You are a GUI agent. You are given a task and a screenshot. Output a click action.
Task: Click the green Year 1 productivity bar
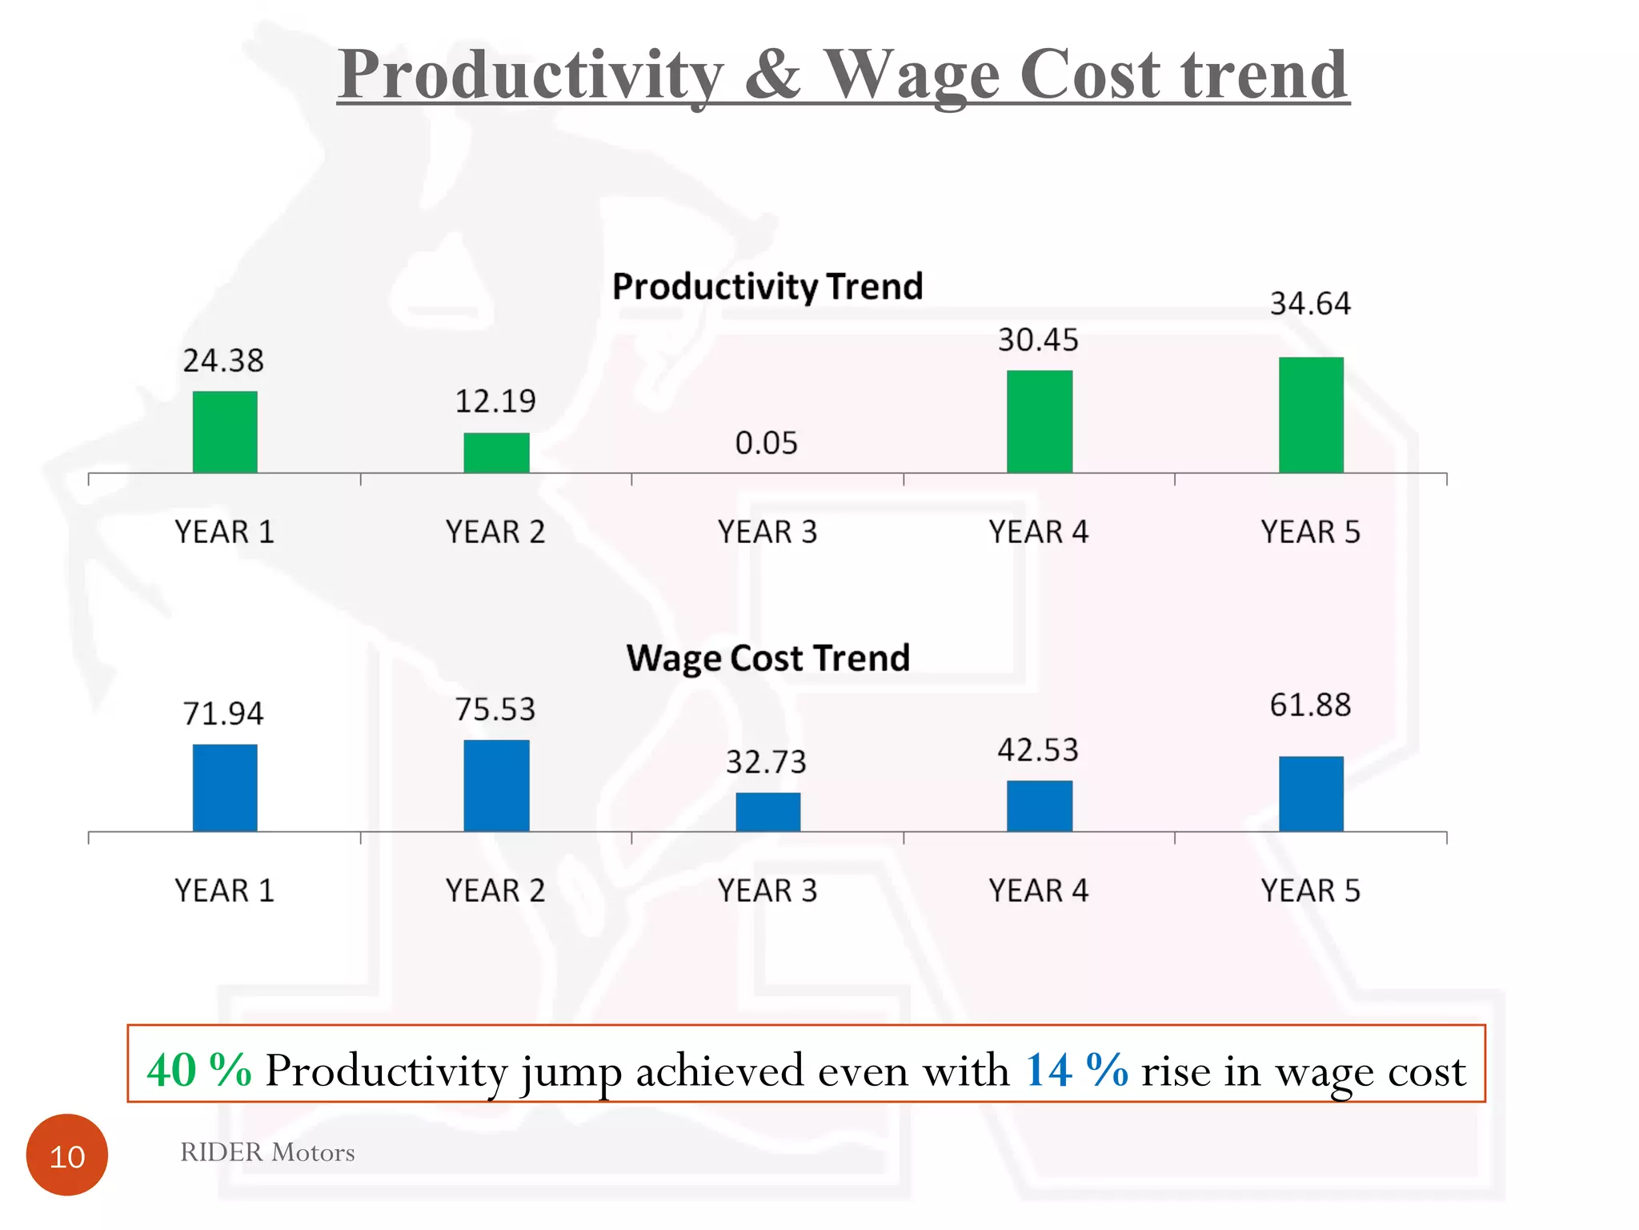click(x=225, y=432)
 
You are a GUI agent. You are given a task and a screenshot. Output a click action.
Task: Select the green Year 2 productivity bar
click(x=496, y=452)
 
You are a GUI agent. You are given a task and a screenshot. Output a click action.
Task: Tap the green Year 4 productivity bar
click(x=1039, y=421)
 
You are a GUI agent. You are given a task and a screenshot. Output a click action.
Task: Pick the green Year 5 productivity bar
click(x=1311, y=415)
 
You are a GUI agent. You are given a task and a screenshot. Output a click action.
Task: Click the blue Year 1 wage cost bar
click(x=225, y=787)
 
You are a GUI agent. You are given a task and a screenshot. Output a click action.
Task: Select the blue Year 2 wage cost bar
click(x=496, y=785)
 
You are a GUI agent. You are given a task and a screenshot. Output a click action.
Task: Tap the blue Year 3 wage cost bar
click(x=767, y=811)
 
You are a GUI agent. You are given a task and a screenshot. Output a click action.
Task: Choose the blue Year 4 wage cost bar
click(x=1039, y=806)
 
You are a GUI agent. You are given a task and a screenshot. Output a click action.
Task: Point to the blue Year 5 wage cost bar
click(x=1311, y=794)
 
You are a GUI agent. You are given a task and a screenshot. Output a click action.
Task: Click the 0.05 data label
click(x=766, y=443)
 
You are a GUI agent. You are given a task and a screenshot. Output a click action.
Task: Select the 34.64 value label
click(x=1310, y=303)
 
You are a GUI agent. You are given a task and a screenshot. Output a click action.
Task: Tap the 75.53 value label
click(x=495, y=709)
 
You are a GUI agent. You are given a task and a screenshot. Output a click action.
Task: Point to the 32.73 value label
click(x=766, y=762)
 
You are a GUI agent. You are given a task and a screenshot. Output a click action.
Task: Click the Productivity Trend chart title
click(x=767, y=287)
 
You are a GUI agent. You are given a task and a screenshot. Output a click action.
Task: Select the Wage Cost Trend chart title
click(x=767, y=658)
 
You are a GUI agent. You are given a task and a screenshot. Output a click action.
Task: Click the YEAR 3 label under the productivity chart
click(x=767, y=532)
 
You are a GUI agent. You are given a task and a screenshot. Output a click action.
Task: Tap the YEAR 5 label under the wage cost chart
click(x=1310, y=890)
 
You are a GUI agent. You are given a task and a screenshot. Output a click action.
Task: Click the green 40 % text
click(x=199, y=1070)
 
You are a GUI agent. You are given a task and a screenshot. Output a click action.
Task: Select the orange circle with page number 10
click(x=67, y=1155)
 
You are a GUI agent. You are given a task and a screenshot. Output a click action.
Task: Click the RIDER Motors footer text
click(x=267, y=1152)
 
